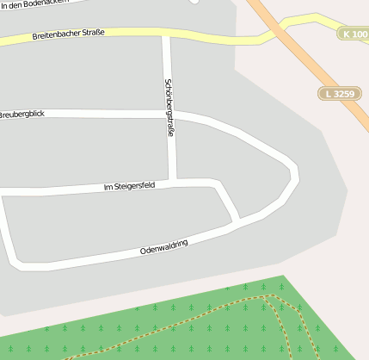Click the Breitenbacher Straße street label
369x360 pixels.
pos(68,34)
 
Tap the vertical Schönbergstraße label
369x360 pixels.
pos(169,107)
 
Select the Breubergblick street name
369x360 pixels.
pos(22,115)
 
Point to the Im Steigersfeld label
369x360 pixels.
pos(129,186)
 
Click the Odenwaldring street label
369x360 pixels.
pos(163,247)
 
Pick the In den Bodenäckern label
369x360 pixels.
pos(34,5)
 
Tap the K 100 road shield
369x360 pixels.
pos(354,34)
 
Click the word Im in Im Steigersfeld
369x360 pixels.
pos(108,188)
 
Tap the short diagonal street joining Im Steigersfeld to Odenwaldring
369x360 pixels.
pos(228,202)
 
